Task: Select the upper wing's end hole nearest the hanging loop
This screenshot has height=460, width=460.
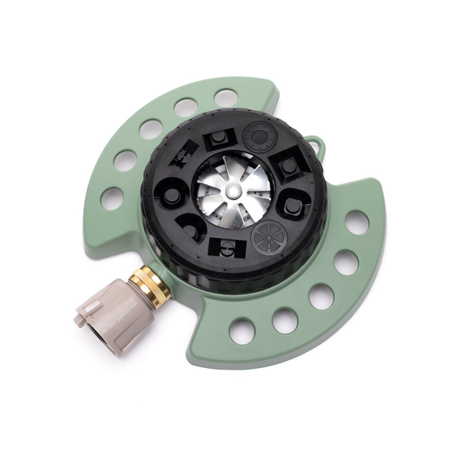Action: tap(226, 98)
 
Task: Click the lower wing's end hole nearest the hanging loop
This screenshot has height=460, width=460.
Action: tap(357, 222)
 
